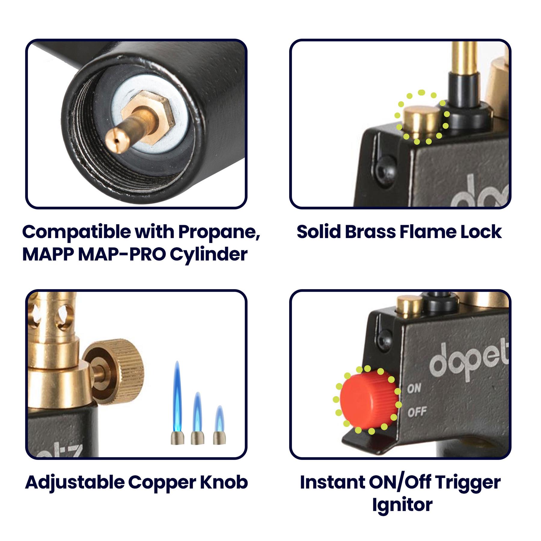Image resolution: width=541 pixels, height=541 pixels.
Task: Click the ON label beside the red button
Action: [414, 388]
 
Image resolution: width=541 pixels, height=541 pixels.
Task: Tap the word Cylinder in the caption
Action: [209, 255]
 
